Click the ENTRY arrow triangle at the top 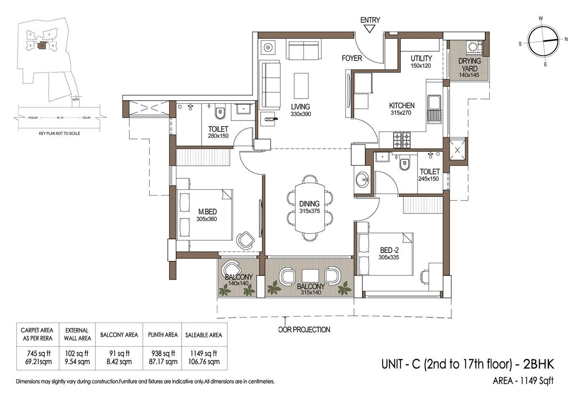click(x=369, y=29)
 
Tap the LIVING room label click(x=300, y=107)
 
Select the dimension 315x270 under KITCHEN click(x=400, y=113)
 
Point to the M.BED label click(x=207, y=212)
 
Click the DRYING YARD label click(x=469, y=64)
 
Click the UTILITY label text click(x=421, y=58)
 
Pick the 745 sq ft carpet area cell click(x=38, y=357)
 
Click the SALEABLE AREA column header click(x=203, y=335)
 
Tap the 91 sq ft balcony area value click(x=119, y=353)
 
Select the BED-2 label click(x=389, y=250)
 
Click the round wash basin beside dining click(x=362, y=180)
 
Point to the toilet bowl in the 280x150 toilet click(x=220, y=113)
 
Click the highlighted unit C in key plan click(x=41, y=46)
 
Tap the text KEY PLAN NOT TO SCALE click(x=59, y=133)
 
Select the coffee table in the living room click(x=301, y=86)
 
